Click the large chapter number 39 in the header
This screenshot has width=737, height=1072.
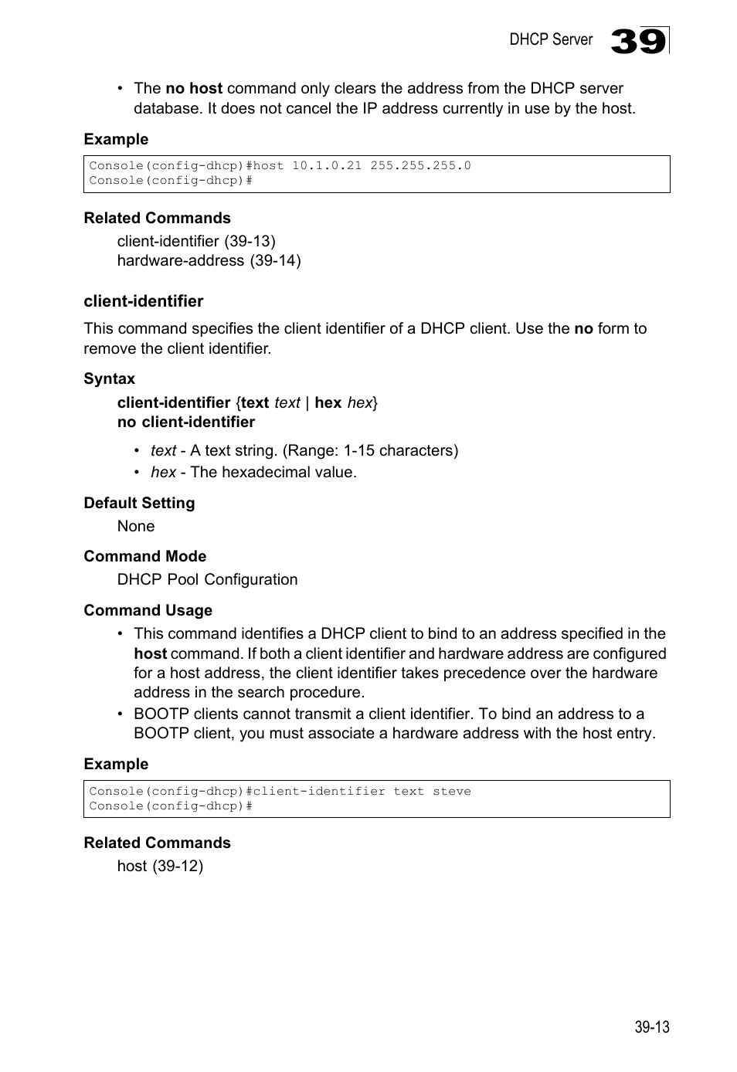point(638,41)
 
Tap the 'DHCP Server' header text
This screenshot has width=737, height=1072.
point(551,39)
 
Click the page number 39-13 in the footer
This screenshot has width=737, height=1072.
point(652,1027)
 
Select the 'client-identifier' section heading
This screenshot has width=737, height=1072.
point(144,301)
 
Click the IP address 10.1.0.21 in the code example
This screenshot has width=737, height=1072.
point(327,166)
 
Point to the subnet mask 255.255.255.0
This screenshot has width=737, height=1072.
point(420,166)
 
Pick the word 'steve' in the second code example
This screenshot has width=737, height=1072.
point(452,792)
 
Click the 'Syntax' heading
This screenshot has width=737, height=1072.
point(110,378)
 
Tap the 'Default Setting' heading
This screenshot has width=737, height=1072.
point(139,503)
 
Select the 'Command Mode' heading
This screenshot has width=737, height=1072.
point(145,556)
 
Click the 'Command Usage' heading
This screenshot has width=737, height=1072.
point(148,610)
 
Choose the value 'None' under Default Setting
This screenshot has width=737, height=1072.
point(136,526)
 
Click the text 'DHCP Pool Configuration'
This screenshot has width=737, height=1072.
point(207,579)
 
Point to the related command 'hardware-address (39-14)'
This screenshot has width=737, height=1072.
point(209,260)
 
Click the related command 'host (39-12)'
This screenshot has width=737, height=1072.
point(160,866)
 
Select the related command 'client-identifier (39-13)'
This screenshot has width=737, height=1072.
point(196,241)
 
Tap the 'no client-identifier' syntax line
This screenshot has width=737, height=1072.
point(186,422)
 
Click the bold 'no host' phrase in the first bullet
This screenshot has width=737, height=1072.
point(194,89)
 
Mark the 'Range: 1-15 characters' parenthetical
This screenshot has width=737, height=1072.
point(370,450)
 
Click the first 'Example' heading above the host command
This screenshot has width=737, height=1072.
point(116,139)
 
